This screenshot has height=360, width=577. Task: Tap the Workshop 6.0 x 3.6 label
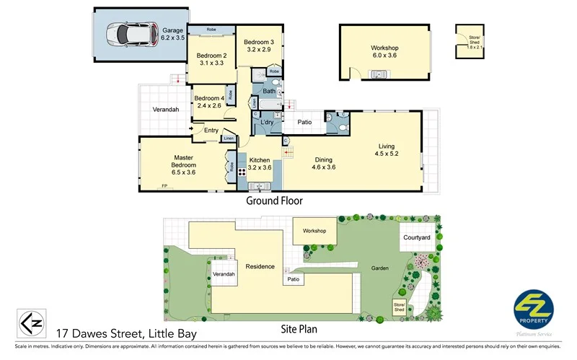pos(384,52)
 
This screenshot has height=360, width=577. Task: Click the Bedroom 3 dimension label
pos(257,45)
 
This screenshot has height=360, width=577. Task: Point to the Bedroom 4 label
pos(208,102)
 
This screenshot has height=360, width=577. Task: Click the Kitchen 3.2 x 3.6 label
pos(259,164)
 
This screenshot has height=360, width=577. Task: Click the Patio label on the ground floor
pos(304,123)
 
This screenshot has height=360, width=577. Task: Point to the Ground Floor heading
pos(275,201)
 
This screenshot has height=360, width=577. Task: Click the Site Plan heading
pos(299,329)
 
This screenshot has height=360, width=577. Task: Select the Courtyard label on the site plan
pos(416,237)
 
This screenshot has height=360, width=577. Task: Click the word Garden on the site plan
pos(380,268)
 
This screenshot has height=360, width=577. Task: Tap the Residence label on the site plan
pos(260,266)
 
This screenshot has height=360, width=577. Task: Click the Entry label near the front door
pos(211,131)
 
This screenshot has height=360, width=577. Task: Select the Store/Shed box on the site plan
pos(399,307)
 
